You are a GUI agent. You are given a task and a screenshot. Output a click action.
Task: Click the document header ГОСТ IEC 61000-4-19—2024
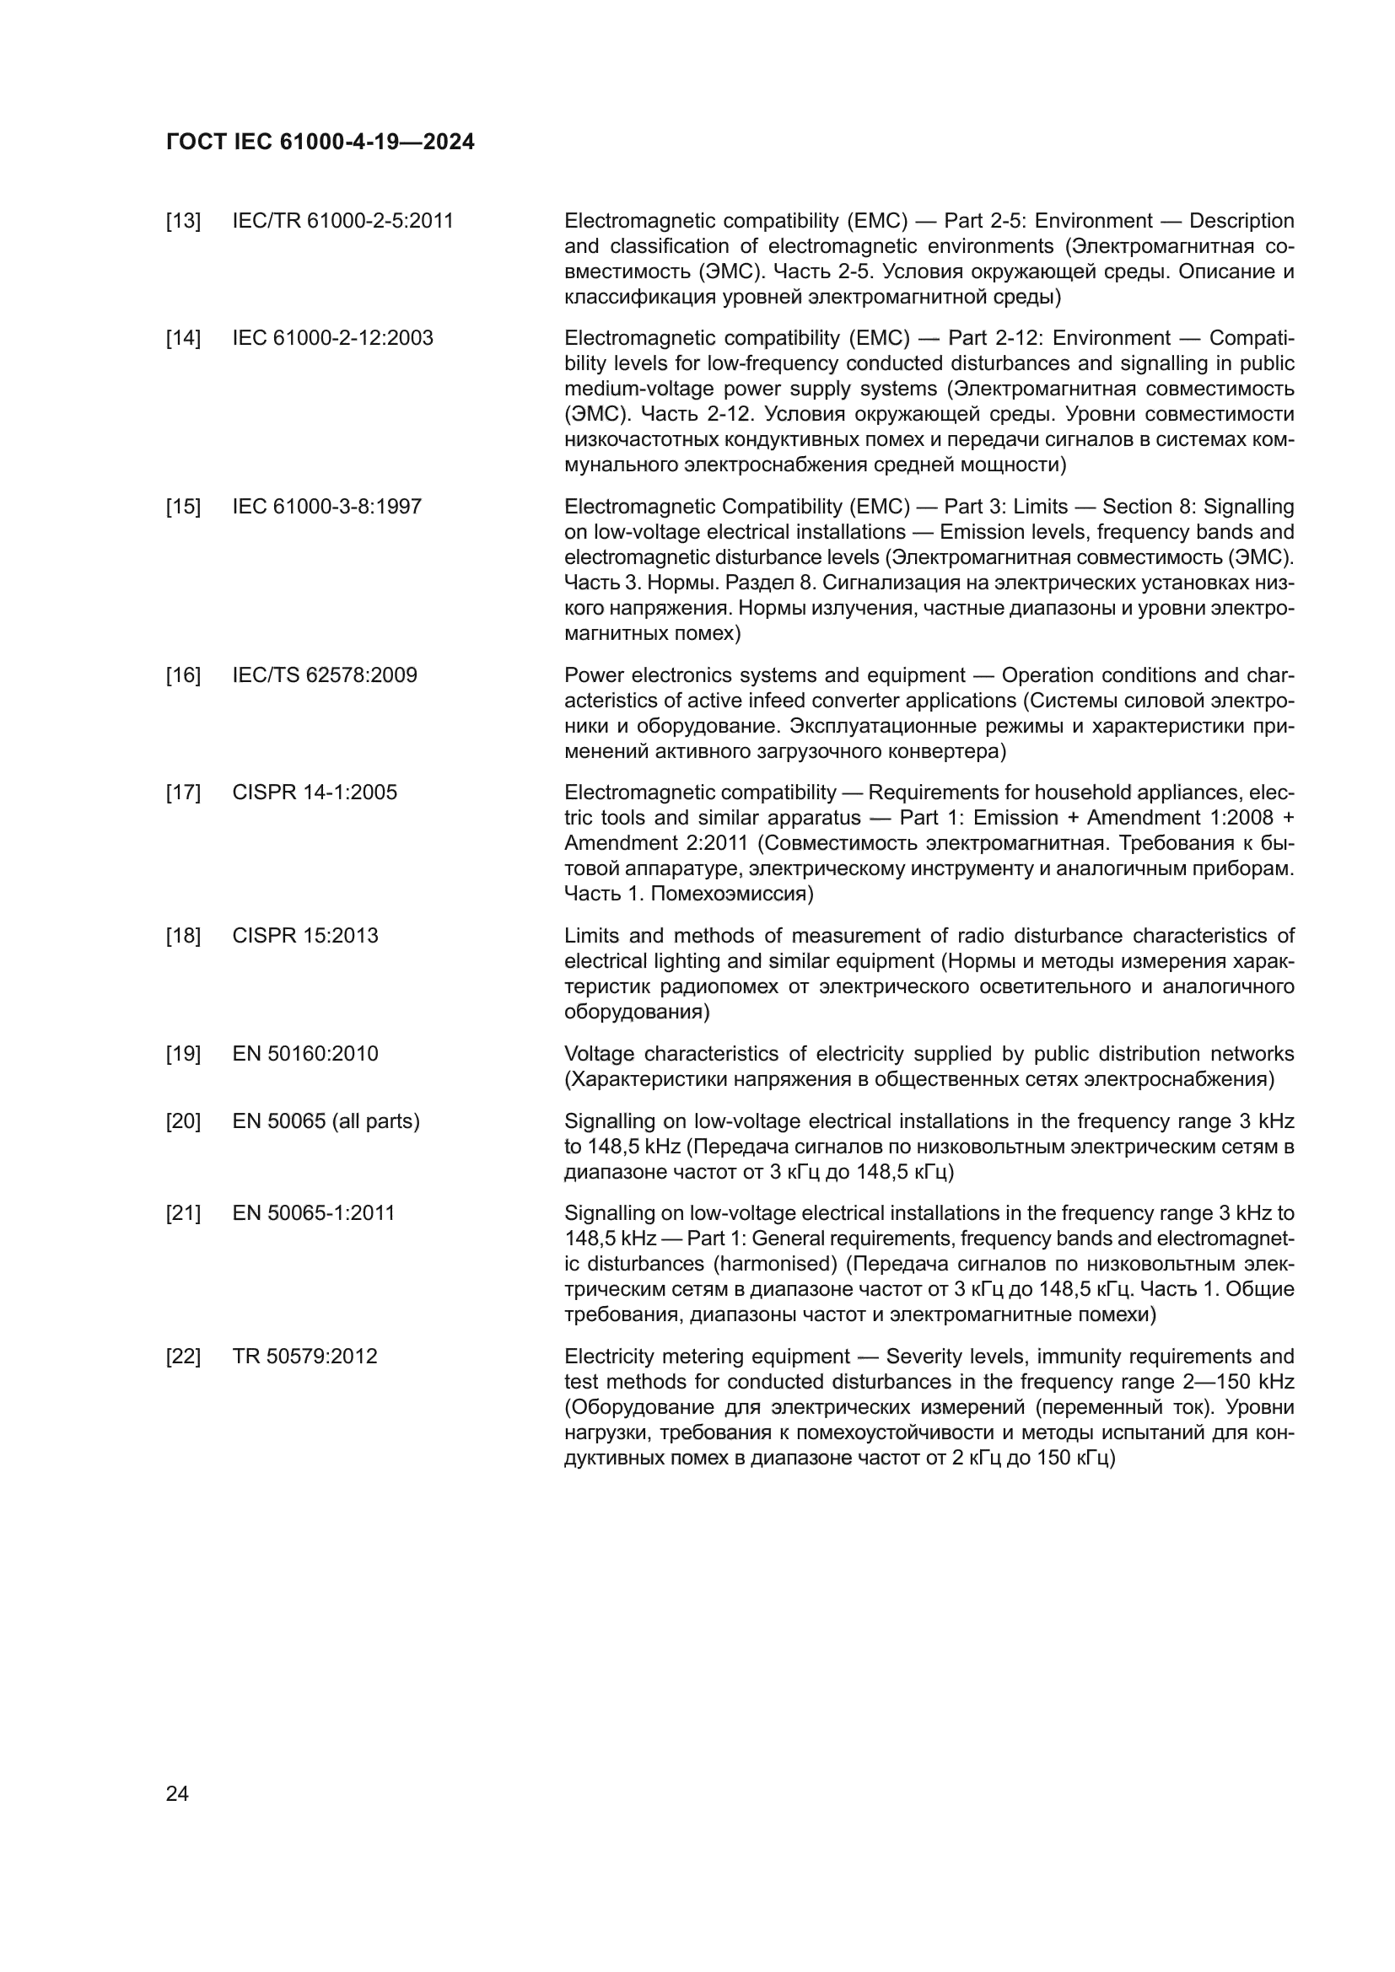tap(320, 142)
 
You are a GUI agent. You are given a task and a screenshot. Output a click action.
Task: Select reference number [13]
tap(183, 222)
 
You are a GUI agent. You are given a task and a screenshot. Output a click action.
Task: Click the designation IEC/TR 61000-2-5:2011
tap(342, 222)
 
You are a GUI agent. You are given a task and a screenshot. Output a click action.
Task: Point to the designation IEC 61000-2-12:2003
tap(332, 338)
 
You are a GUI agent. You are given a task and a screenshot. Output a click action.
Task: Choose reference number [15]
tap(183, 507)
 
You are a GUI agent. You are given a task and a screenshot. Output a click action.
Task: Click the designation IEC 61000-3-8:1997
tap(326, 507)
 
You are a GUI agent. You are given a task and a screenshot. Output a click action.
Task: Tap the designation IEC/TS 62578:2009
tap(324, 675)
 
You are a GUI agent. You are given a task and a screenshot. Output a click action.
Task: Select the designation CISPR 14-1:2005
tap(315, 792)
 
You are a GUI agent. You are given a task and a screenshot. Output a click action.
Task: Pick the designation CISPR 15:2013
tap(305, 935)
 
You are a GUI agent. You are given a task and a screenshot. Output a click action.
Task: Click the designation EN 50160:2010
tap(305, 1054)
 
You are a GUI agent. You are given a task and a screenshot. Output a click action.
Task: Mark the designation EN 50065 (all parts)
tap(326, 1121)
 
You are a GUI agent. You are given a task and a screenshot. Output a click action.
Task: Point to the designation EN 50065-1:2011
tap(314, 1213)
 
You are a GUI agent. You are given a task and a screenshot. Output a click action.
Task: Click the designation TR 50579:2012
tap(304, 1357)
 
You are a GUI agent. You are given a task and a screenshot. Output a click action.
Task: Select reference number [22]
tap(183, 1357)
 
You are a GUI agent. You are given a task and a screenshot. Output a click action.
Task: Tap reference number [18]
tap(183, 935)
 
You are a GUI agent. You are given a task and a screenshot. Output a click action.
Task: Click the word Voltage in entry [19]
tap(599, 1054)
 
